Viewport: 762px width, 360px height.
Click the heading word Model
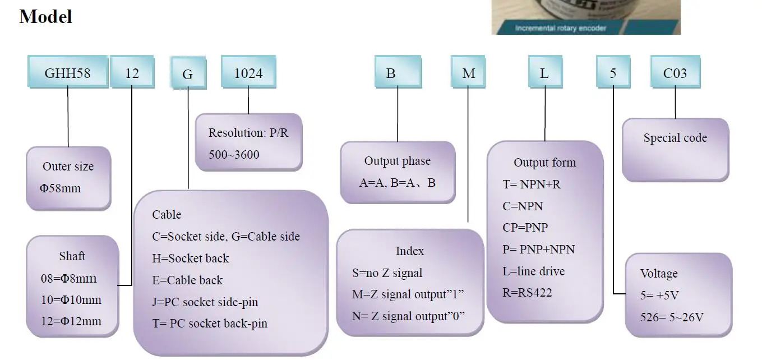click(x=45, y=17)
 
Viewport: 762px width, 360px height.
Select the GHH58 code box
click(x=68, y=72)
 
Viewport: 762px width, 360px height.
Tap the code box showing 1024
click(x=248, y=72)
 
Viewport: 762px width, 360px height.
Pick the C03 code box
click(x=675, y=72)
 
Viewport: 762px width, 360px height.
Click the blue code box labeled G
click(x=188, y=73)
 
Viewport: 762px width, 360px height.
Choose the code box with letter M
click(x=468, y=72)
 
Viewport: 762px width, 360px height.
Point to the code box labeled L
click(x=545, y=72)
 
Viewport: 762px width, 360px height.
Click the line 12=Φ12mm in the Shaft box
click(x=71, y=321)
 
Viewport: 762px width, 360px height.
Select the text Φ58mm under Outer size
click(x=60, y=188)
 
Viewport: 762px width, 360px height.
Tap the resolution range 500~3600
click(x=234, y=155)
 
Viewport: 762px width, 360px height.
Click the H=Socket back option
click(x=191, y=259)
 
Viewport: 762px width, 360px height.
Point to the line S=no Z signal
click(x=387, y=273)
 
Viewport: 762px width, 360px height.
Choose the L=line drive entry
click(x=533, y=271)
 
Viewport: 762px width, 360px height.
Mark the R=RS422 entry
click(x=527, y=293)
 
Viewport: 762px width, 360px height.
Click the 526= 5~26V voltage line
click(x=672, y=317)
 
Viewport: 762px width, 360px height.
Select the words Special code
click(x=675, y=138)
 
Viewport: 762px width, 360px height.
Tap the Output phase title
click(x=398, y=161)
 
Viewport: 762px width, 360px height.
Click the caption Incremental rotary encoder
click(x=561, y=28)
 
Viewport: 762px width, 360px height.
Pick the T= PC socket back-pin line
click(x=210, y=324)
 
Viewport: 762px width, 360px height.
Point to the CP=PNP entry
click(x=525, y=227)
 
